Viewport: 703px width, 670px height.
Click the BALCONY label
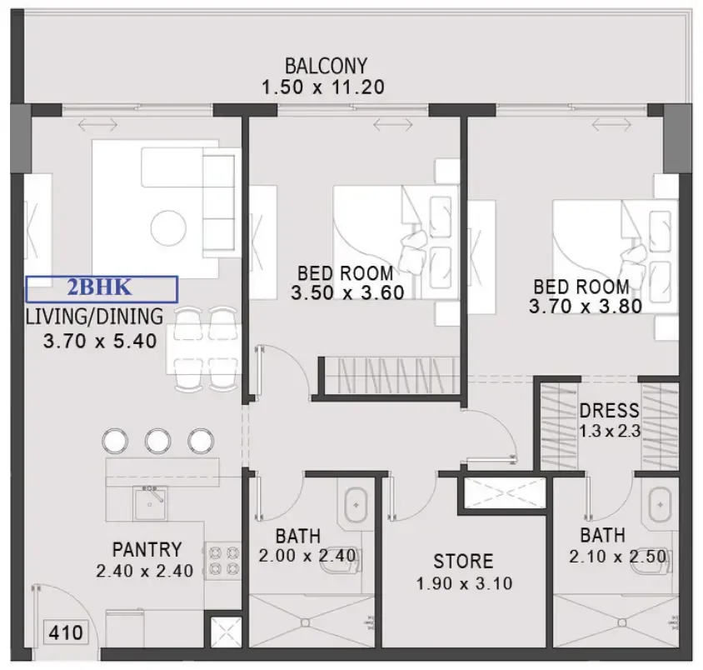pos(326,66)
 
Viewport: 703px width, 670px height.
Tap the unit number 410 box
pos(66,632)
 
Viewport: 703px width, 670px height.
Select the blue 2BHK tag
pos(102,288)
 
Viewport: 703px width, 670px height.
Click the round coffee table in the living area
pos(168,228)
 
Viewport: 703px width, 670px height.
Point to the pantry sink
pos(150,502)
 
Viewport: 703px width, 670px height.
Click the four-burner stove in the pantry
pos(224,561)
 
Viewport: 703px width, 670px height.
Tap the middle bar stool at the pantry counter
pos(157,441)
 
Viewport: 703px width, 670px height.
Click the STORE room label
pos(463,561)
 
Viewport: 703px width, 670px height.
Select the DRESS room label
pos(609,410)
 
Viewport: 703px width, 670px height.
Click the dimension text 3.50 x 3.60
pos(347,292)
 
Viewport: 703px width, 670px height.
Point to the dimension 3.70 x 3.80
pos(586,307)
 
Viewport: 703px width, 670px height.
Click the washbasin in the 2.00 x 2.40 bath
pos(356,504)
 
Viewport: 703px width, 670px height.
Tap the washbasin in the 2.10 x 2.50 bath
pos(660,504)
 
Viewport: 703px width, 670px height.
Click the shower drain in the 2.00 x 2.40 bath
pos(306,622)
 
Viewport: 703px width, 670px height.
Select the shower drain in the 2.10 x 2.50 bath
pos(622,622)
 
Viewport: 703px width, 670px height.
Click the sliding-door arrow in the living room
pos(97,125)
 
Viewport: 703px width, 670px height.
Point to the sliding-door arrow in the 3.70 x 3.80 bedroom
pos(612,125)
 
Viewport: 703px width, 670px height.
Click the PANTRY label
pos(147,549)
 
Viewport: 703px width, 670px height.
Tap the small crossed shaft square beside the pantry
pos(227,632)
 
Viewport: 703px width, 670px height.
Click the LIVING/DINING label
pos(94,317)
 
